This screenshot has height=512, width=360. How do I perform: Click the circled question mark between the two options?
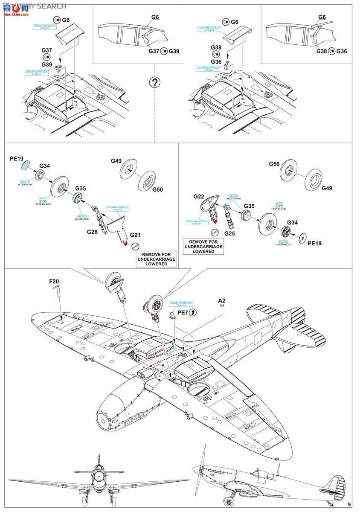click(155, 82)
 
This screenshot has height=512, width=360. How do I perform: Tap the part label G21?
click(135, 235)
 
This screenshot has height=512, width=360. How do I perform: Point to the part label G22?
click(199, 197)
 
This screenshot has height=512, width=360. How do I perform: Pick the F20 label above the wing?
click(54, 281)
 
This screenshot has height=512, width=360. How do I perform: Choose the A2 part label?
click(221, 300)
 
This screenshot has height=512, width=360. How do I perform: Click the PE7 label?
click(183, 313)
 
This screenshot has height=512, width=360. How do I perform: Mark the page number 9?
click(350, 504)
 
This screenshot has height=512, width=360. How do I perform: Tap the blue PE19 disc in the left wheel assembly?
click(26, 165)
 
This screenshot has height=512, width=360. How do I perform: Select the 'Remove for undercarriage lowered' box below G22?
click(203, 247)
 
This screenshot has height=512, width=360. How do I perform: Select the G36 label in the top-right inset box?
click(342, 51)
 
